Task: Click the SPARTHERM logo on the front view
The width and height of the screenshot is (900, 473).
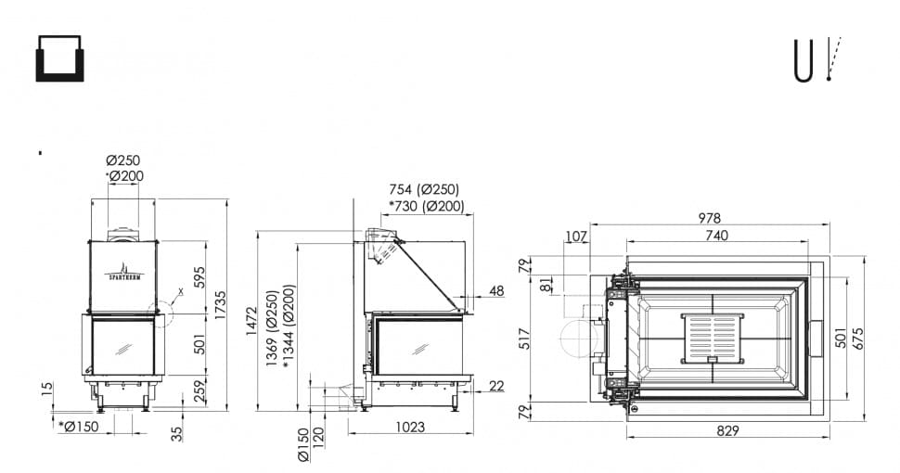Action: click(x=124, y=272)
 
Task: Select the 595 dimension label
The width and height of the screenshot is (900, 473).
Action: click(x=199, y=277)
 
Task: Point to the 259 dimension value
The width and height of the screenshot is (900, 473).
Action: click(x=199, y=392)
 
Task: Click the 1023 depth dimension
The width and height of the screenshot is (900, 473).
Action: click(x=410, y=427)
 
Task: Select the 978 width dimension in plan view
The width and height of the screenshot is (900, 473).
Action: click(x=710, y=218)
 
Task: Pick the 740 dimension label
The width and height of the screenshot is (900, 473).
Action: click(x=717, y=235)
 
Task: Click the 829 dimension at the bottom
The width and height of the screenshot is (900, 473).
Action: click(x=727, y=430)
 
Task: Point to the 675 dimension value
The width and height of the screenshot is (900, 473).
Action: click(x=857, y=339)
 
